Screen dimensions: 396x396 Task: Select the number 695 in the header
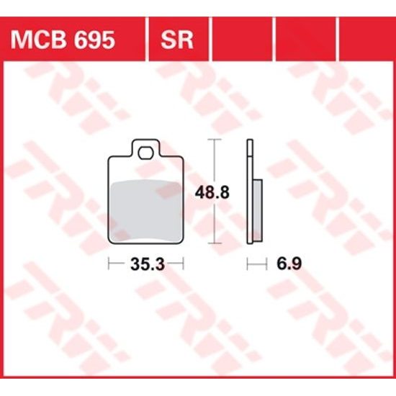coord(93,39)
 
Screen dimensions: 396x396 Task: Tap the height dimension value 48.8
coord(212,193)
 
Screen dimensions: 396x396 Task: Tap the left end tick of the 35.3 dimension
coord(109,264)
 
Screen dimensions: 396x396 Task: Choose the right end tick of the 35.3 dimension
coord(183,264)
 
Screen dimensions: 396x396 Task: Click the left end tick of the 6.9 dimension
coord(247,264)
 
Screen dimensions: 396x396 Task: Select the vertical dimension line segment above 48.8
coord(212,162)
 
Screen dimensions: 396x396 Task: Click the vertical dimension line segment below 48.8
coord(212,223)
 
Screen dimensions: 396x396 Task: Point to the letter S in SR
coord(169,39)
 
